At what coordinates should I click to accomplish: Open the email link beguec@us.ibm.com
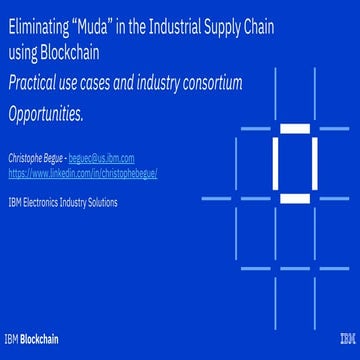(105, 159)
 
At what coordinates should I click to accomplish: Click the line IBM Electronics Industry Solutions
(62, 202)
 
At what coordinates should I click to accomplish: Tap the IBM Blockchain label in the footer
(31, 338)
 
